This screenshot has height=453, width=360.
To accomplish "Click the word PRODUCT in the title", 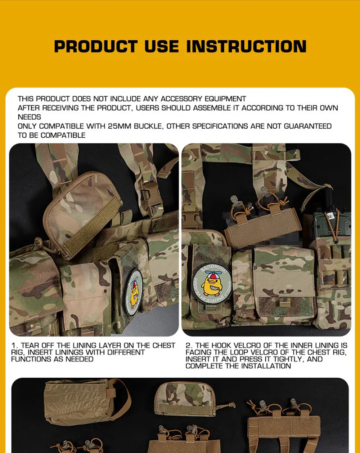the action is point(96,46).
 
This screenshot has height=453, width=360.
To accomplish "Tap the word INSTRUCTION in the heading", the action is point(246,46).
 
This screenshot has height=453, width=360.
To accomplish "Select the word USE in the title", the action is point(162,46).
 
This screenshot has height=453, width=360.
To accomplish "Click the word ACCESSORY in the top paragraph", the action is point(181,99).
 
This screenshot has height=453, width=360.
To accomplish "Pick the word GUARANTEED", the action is point(307,126).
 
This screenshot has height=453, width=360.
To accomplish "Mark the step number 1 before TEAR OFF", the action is point(14,346).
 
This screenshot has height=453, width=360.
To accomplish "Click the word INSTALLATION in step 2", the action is point(266,366).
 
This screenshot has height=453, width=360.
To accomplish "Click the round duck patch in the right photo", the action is point(212,284).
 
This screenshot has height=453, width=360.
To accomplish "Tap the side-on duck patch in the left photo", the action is point(134,293).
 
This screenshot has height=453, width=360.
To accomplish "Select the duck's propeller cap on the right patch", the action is point(212,274).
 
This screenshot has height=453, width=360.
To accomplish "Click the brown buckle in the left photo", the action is point(149,194).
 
